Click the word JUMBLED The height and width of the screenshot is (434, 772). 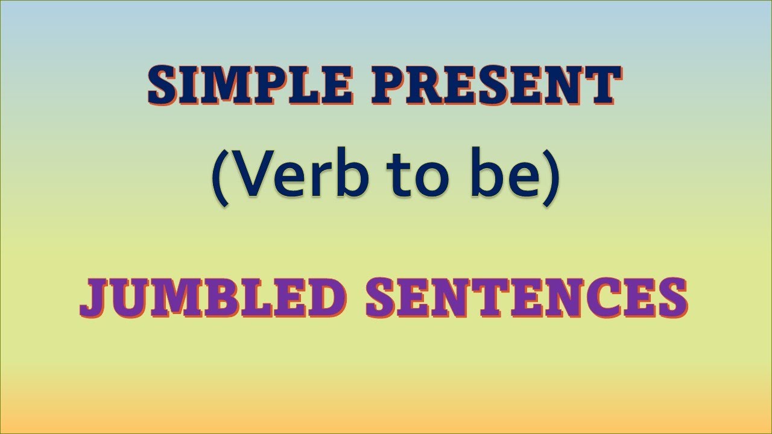pos(214,299)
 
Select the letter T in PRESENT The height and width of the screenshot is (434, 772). pos(600,85)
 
